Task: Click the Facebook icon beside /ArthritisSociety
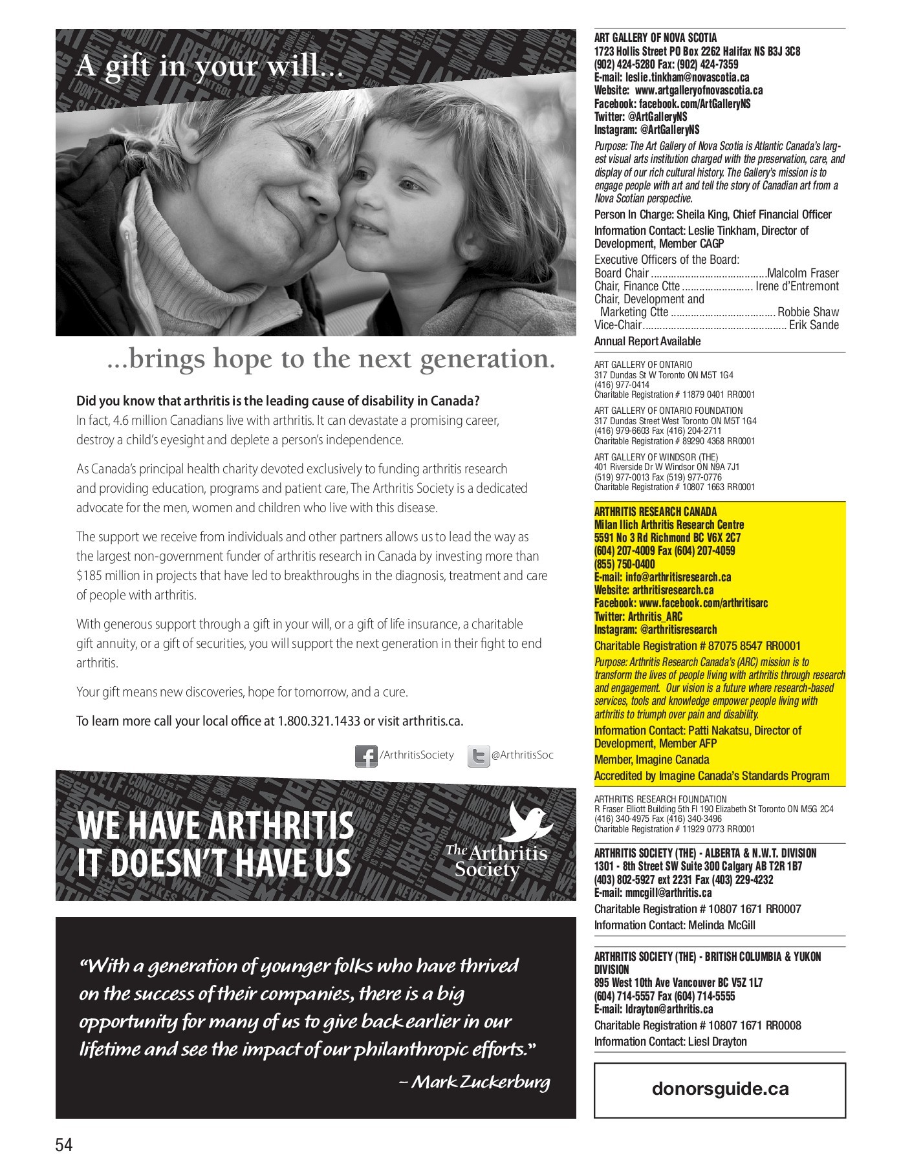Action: [365, 756]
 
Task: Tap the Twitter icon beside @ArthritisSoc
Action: [478, 756]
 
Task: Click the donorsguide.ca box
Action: [720, 1088]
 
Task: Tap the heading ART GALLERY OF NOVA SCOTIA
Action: [655, 38]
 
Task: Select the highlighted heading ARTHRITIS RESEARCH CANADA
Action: [655, 512]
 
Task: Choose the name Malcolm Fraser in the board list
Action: [803, 273]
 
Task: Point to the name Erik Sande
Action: [814, 325]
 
